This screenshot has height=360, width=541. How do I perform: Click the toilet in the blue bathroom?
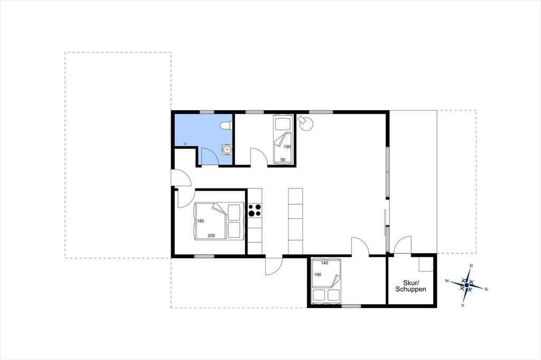[226, 126]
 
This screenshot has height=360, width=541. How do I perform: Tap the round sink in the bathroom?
[227, 149]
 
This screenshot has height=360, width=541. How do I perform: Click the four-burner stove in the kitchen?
[255, 210]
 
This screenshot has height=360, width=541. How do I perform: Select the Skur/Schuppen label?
[411, 286]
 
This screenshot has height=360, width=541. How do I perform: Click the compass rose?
[467, 285]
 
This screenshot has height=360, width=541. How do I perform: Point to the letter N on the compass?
[447, 281]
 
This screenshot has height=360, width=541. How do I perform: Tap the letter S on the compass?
[486, 289]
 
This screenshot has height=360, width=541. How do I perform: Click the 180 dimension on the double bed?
[200, 221]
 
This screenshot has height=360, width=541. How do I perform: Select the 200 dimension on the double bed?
[211, 236]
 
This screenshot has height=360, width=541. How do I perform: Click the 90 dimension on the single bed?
[283, 159]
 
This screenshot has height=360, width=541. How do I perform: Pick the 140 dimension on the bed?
[325, 263]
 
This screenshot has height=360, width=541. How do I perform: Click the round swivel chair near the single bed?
[305, 123]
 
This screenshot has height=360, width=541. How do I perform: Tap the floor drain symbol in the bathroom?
[185, 143]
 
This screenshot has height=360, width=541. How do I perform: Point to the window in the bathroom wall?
[207, 112]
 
